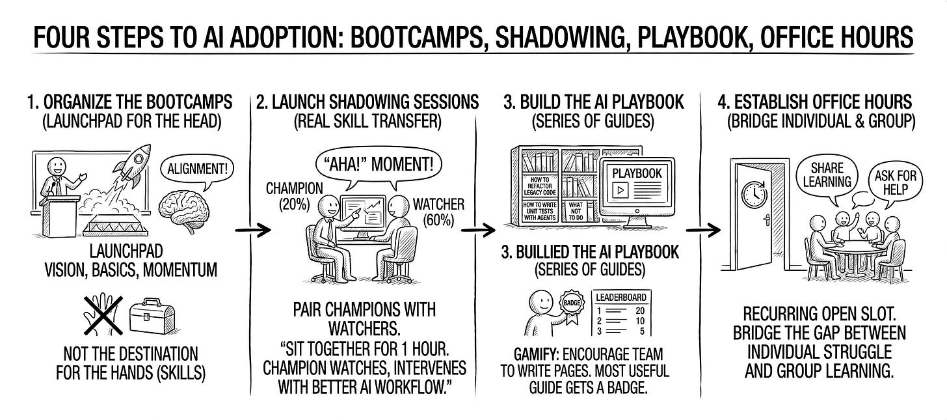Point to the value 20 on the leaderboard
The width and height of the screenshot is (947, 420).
coord(656,309)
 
